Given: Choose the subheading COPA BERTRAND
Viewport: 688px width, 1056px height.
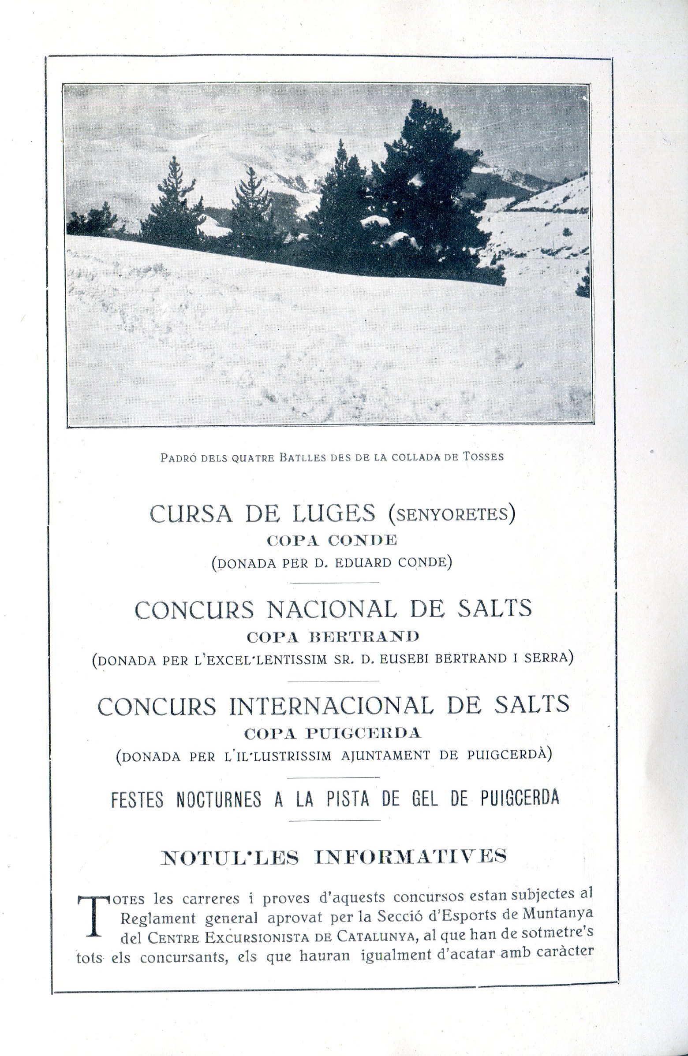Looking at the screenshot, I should point(333,637).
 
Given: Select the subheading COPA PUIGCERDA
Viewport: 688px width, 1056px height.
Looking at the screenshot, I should point(332,733).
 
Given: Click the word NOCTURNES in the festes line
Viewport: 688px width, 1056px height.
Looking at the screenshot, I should point(218,799).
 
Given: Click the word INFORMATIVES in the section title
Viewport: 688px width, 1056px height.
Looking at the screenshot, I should point(411,856).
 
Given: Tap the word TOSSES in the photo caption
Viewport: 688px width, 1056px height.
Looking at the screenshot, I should point(483,457).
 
